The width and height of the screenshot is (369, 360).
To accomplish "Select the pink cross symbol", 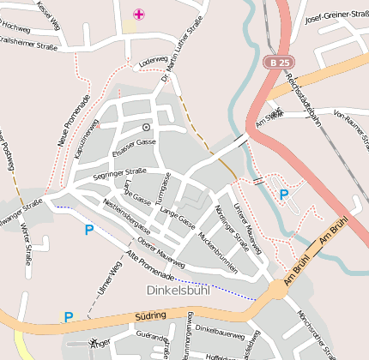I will pyautogui.click(x=139, y=14).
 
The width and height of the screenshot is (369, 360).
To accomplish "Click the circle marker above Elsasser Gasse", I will pyautogui.click(x=146, y=127).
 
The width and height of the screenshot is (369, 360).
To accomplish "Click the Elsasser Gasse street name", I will pyautogui.click(x=136, y=142).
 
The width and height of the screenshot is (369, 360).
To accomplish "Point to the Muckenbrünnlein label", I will pyautogui.click(x=217, y=250).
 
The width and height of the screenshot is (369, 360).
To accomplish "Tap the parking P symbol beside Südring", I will pyautogui.click(x=68, y=317).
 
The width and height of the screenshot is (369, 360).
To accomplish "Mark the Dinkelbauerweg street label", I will pyautogui.click(x=221, y=328).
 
